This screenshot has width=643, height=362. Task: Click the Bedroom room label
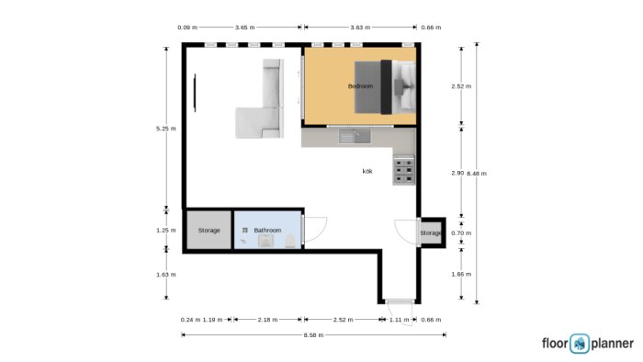[360, 86]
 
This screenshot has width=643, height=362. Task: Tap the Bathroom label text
[268, 231]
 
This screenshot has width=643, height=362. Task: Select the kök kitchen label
[367, 172]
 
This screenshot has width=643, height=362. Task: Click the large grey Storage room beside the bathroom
[209, 230]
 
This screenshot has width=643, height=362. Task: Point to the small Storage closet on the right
[431, 232]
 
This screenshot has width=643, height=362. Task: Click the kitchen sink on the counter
[355, 137]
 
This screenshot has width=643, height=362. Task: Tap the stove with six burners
[404, 170]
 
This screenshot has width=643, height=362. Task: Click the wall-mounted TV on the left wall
[195, 93]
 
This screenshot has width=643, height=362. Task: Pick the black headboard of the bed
[387, 87]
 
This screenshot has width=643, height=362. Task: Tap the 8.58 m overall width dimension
[314, 335]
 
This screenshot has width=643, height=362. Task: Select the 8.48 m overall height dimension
[477, 174]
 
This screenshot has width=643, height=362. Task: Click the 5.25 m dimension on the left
[166, 129]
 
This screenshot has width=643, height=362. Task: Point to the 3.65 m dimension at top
[245, 28]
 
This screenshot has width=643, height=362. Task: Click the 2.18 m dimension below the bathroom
[268, 320]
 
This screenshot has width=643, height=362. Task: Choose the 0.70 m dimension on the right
[461, 232]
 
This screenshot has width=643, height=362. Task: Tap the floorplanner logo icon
[580, 344]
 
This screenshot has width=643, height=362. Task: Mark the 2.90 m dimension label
[457, 173]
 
